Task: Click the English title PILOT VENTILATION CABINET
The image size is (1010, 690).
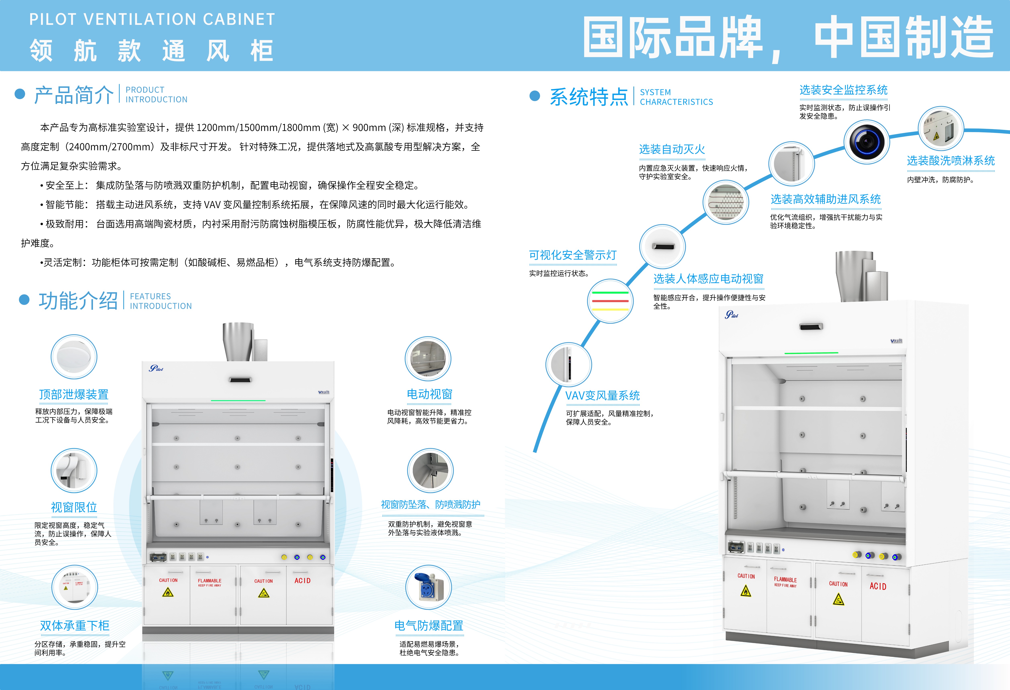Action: click(x=152, y=19)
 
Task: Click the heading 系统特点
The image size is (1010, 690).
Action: click(x=589, y=96)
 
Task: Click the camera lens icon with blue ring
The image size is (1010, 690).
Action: click(x=866, y=142)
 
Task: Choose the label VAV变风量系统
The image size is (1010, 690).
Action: click(x=602, y=395)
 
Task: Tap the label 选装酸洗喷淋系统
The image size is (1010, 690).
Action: click(x=950, y=161)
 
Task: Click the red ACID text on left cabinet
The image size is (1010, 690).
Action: click(x=303, y=581)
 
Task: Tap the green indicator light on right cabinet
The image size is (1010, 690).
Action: click(x=811, y=353)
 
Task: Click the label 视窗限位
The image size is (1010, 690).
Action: click(x=74, y=507)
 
